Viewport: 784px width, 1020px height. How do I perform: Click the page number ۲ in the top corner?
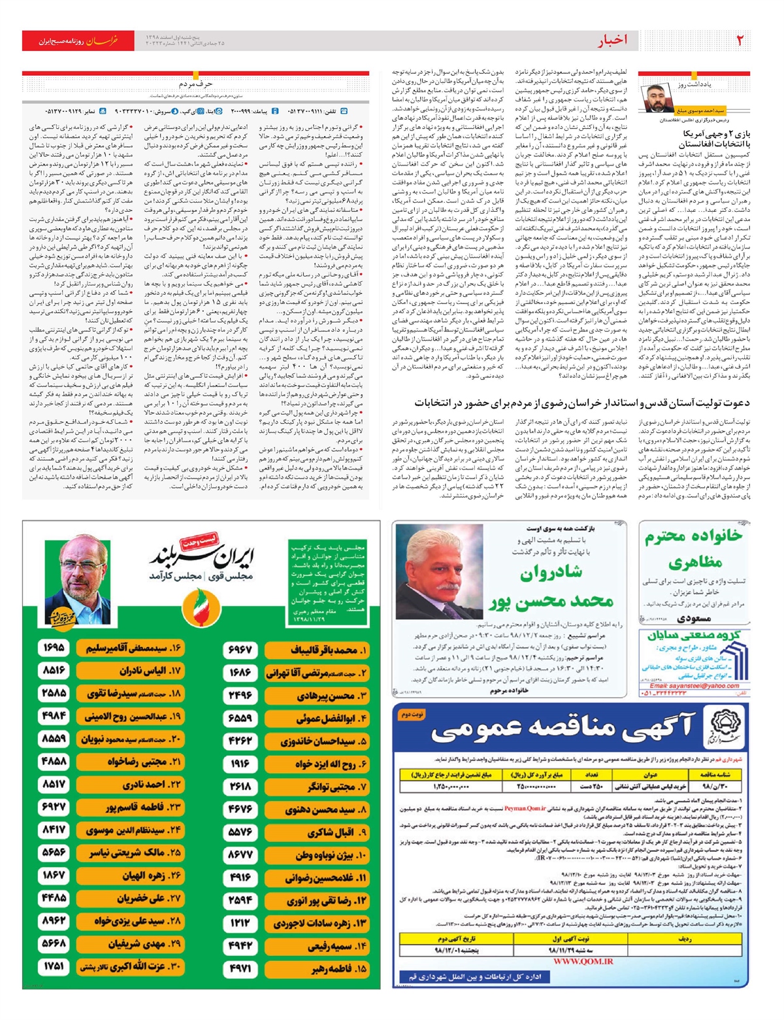tap(740, 40)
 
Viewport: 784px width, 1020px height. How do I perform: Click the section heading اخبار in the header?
tap(612, 41)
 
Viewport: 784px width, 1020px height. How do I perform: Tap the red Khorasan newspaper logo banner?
tap(78, 41)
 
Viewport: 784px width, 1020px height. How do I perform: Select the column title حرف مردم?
tap(195, 84)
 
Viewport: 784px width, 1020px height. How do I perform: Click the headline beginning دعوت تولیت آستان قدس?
tap(582, 403)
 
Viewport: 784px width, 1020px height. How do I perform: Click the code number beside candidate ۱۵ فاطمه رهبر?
tap(240, 968)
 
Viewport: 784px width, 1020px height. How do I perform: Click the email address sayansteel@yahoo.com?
tap(694, 685)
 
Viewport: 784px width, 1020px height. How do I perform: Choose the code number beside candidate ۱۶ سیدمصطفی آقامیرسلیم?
tap(54, 648)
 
